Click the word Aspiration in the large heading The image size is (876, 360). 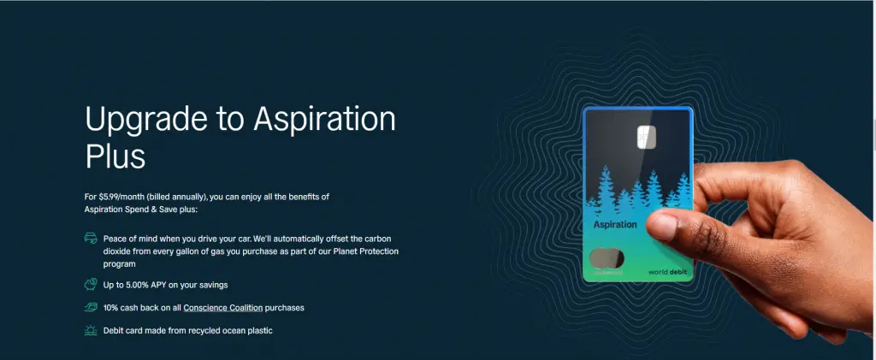point(324,120)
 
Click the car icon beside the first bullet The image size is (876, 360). point(91,239)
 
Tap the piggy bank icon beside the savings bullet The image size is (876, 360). point(91,285)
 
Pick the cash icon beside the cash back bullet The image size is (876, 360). point(91,308)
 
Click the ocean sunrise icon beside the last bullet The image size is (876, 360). point(91,330)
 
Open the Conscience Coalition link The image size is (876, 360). point(223,308)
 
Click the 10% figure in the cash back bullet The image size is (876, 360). point(110,308)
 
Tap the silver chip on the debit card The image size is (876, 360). point(646,137)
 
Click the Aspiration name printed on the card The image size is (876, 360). point(615,224)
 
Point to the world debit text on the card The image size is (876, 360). point(667,272)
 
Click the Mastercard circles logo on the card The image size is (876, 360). point(607,259)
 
